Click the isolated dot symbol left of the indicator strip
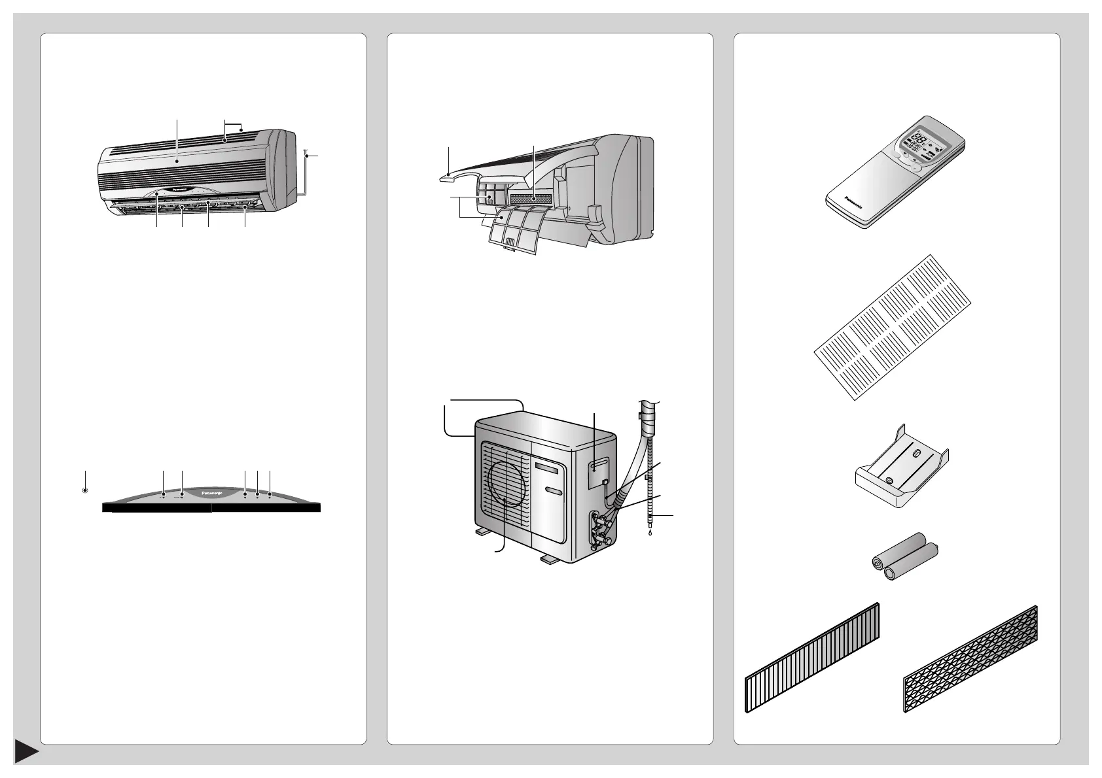coord(85,490)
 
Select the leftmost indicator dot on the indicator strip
coord(162,496)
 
